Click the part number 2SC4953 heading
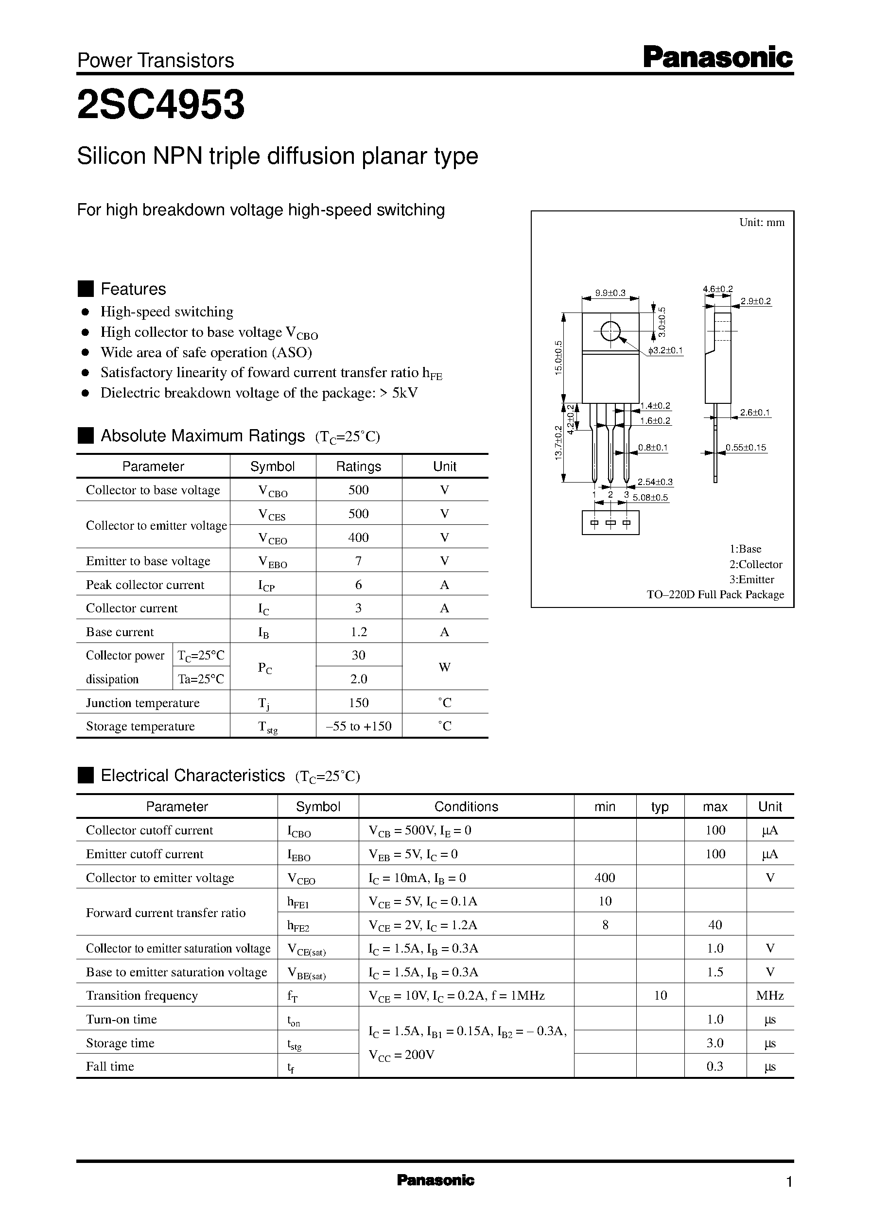pos(161,104)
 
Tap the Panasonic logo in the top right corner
pos(717,57)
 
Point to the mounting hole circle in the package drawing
pos(610,331)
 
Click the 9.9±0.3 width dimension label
pos(610,294)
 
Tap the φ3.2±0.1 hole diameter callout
pos(665,351)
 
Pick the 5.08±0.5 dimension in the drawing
pos(650,498)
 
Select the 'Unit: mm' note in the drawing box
pos(762,223)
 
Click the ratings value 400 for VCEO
pos(358,537)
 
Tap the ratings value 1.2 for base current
pos(358,632)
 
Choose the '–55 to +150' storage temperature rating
pos(358,726)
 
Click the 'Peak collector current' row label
pos(145,585)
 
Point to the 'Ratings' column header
pos(358,467)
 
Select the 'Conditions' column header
pos(466,806)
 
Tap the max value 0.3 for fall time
pos(715,1066)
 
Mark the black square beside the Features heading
pos(86,289)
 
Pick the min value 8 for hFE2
pos(605,925)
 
